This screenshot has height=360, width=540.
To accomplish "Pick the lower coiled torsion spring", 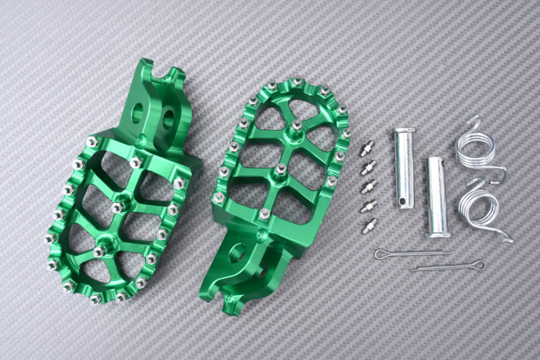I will coord(487,210).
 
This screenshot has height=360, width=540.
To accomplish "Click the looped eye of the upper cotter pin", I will coord(381,254).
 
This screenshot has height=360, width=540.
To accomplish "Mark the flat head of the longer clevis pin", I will coord(401,131).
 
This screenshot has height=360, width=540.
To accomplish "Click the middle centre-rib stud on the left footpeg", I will coord(117,207).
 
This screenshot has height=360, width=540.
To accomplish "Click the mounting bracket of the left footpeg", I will coord(160,110).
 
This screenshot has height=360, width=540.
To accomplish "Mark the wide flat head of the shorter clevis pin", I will coord(437,232).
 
